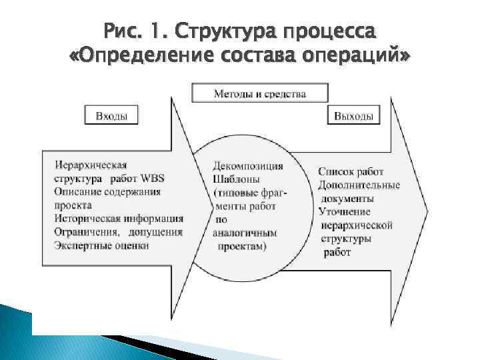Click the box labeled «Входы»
pos(111,115)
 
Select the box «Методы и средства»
pos(260,93)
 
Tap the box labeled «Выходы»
pos(353,115)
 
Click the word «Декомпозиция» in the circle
pos(248,166)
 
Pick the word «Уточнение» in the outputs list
pos(345,212)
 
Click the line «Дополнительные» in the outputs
pos(359,185)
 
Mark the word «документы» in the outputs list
pos(348,199)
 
